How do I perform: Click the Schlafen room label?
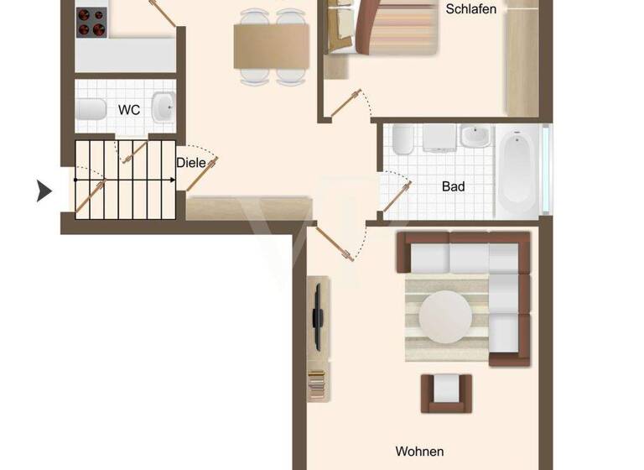[x=471, y=10]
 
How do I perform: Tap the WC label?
[x=128, y=110]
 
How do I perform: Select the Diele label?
[x=191, y=163]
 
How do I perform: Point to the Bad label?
[x=453, y=186]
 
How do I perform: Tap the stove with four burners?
[x=91, y=23]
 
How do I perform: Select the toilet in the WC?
[x=91, y=110]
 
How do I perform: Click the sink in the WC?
[x=163, y=107]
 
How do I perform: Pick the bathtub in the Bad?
[x=518, y=173]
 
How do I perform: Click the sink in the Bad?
[x=475, y=136]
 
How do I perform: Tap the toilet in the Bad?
[x=401, y=139]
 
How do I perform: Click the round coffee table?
[x=444, y=317]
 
